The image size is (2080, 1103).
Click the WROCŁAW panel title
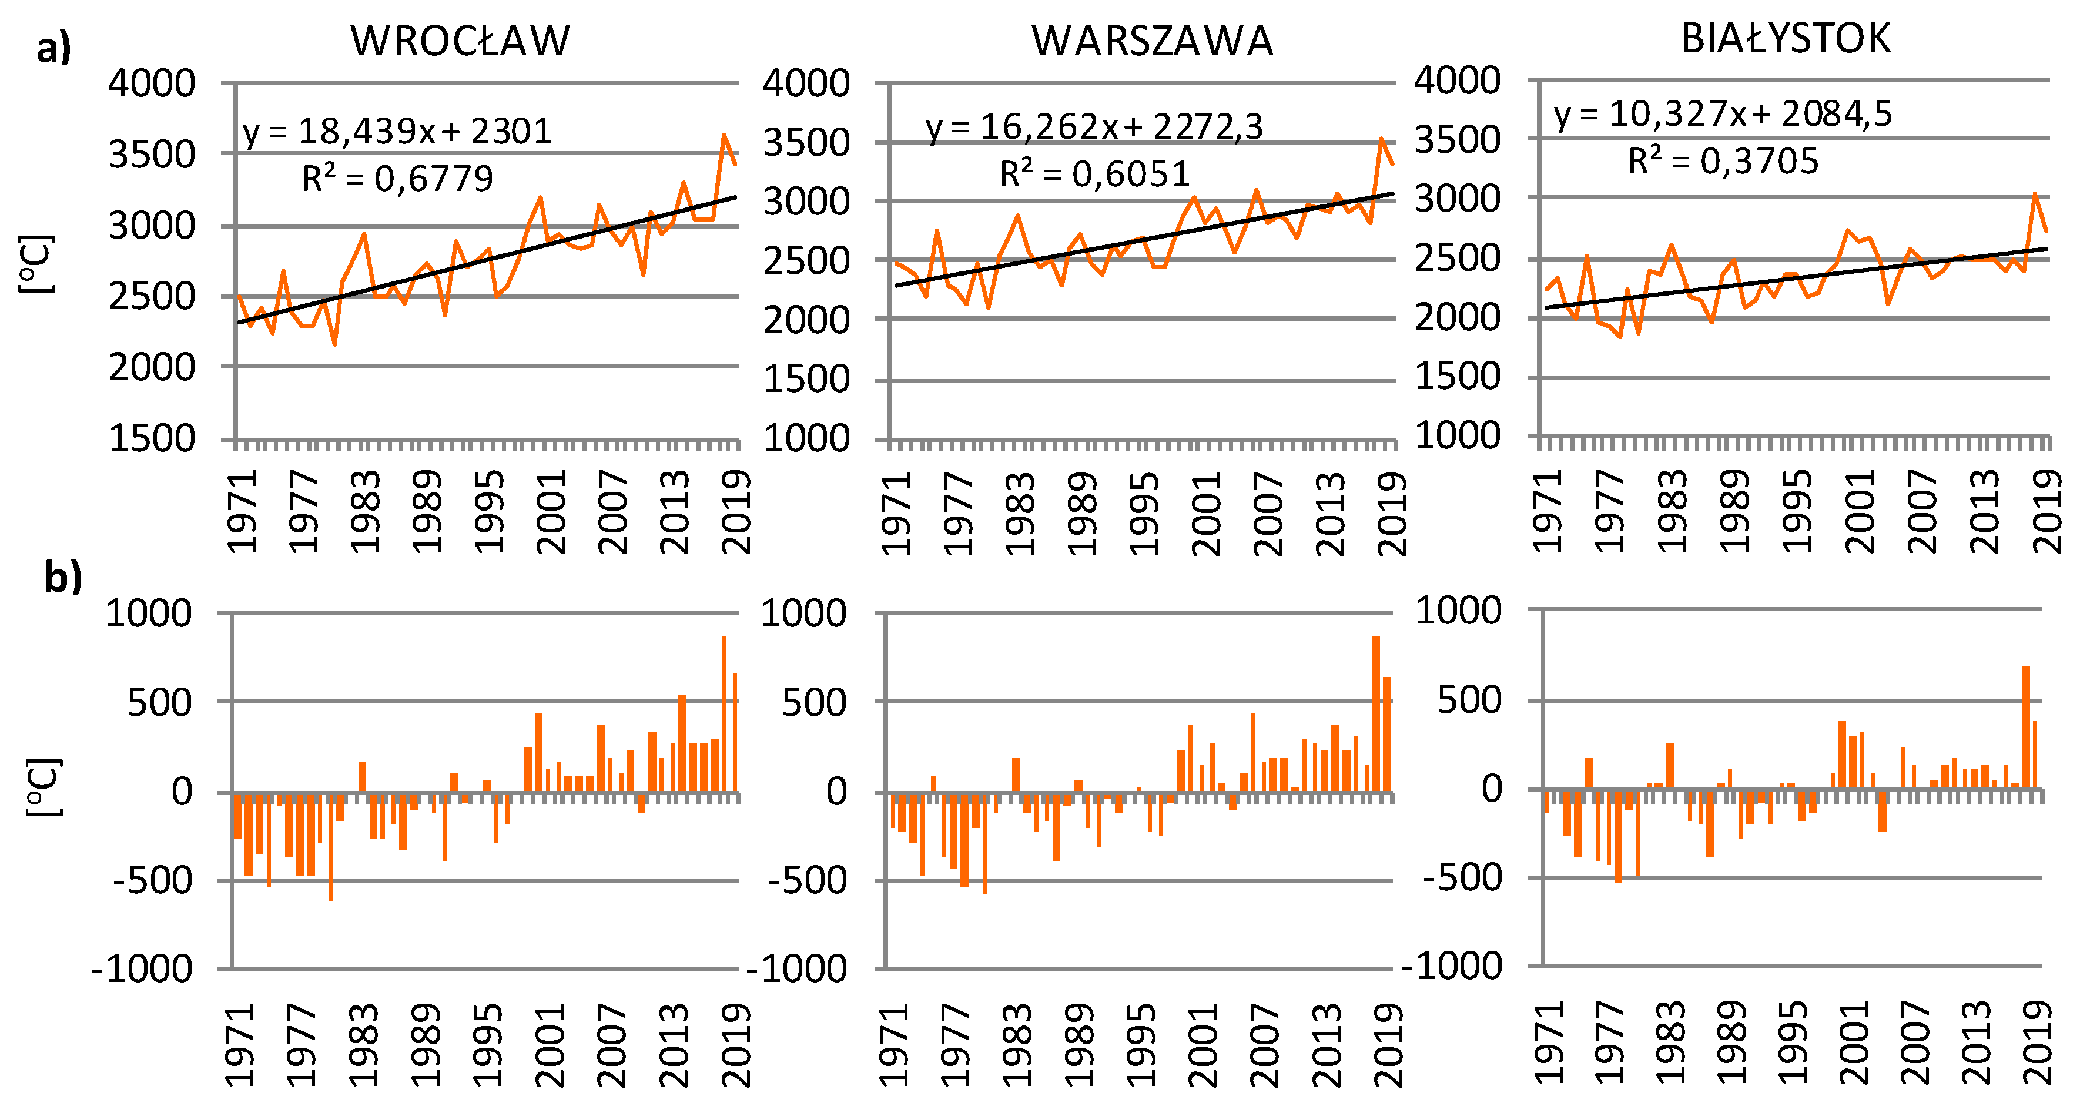pyautogui.click(x=460, y=41)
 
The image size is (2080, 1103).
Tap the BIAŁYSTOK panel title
pyautogui.click(x=1786, y=39)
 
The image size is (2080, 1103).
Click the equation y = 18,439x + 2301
pyautogui.click(x=397, y=132)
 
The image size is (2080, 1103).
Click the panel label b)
pyautogui.click(x=63, y=578)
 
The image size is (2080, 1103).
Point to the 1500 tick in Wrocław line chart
pyautogui.click(x=152, y=438)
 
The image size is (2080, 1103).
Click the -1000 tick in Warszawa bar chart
pyautogui.click(x=796, y=968)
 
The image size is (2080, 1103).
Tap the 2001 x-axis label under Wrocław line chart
pyautogui.click(x=551, y=512)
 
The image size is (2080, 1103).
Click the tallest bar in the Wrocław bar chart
pyautogui.click(x=724, y=714)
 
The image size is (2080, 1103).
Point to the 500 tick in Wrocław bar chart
pyautogui.click(x=159, y=702)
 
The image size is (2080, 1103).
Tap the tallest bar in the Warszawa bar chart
pyautogui.click(x=1376, y=714)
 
